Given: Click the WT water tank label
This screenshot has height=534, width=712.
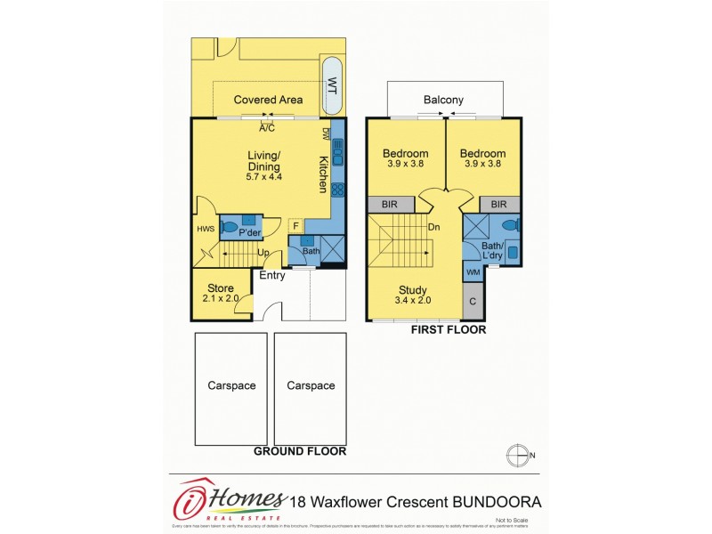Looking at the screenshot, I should click(333, 86).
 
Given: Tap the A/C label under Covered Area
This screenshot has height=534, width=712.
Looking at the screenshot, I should click(266, 128).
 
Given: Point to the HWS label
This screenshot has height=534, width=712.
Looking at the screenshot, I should click(205, 230).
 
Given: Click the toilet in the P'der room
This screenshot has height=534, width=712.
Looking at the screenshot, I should click(231, 227).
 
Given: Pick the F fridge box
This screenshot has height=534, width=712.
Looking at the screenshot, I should click(295, 226).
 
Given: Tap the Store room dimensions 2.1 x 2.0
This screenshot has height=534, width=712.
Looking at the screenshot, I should click(220, 299).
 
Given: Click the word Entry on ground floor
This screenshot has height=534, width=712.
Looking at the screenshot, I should click(272, 276).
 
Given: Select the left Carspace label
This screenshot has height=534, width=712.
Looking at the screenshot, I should click(231, 385).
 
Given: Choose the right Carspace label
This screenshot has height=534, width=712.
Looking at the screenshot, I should click(311, 385).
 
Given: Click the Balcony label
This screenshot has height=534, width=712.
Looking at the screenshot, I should click(443, 100).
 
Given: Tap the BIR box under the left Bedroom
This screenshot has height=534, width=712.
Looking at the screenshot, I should click(389, 205).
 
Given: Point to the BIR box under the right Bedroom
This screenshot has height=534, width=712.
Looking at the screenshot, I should click(499, 205).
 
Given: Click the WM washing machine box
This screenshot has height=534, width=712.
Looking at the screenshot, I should click(472, 271).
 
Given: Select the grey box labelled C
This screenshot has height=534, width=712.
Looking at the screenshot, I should click(473, 301).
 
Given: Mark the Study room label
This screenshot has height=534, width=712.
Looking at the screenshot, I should click(413, 290).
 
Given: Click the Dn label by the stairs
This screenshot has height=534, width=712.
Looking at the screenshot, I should click(435, 227).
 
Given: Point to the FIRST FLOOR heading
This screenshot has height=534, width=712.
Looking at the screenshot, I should click(448, 329).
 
